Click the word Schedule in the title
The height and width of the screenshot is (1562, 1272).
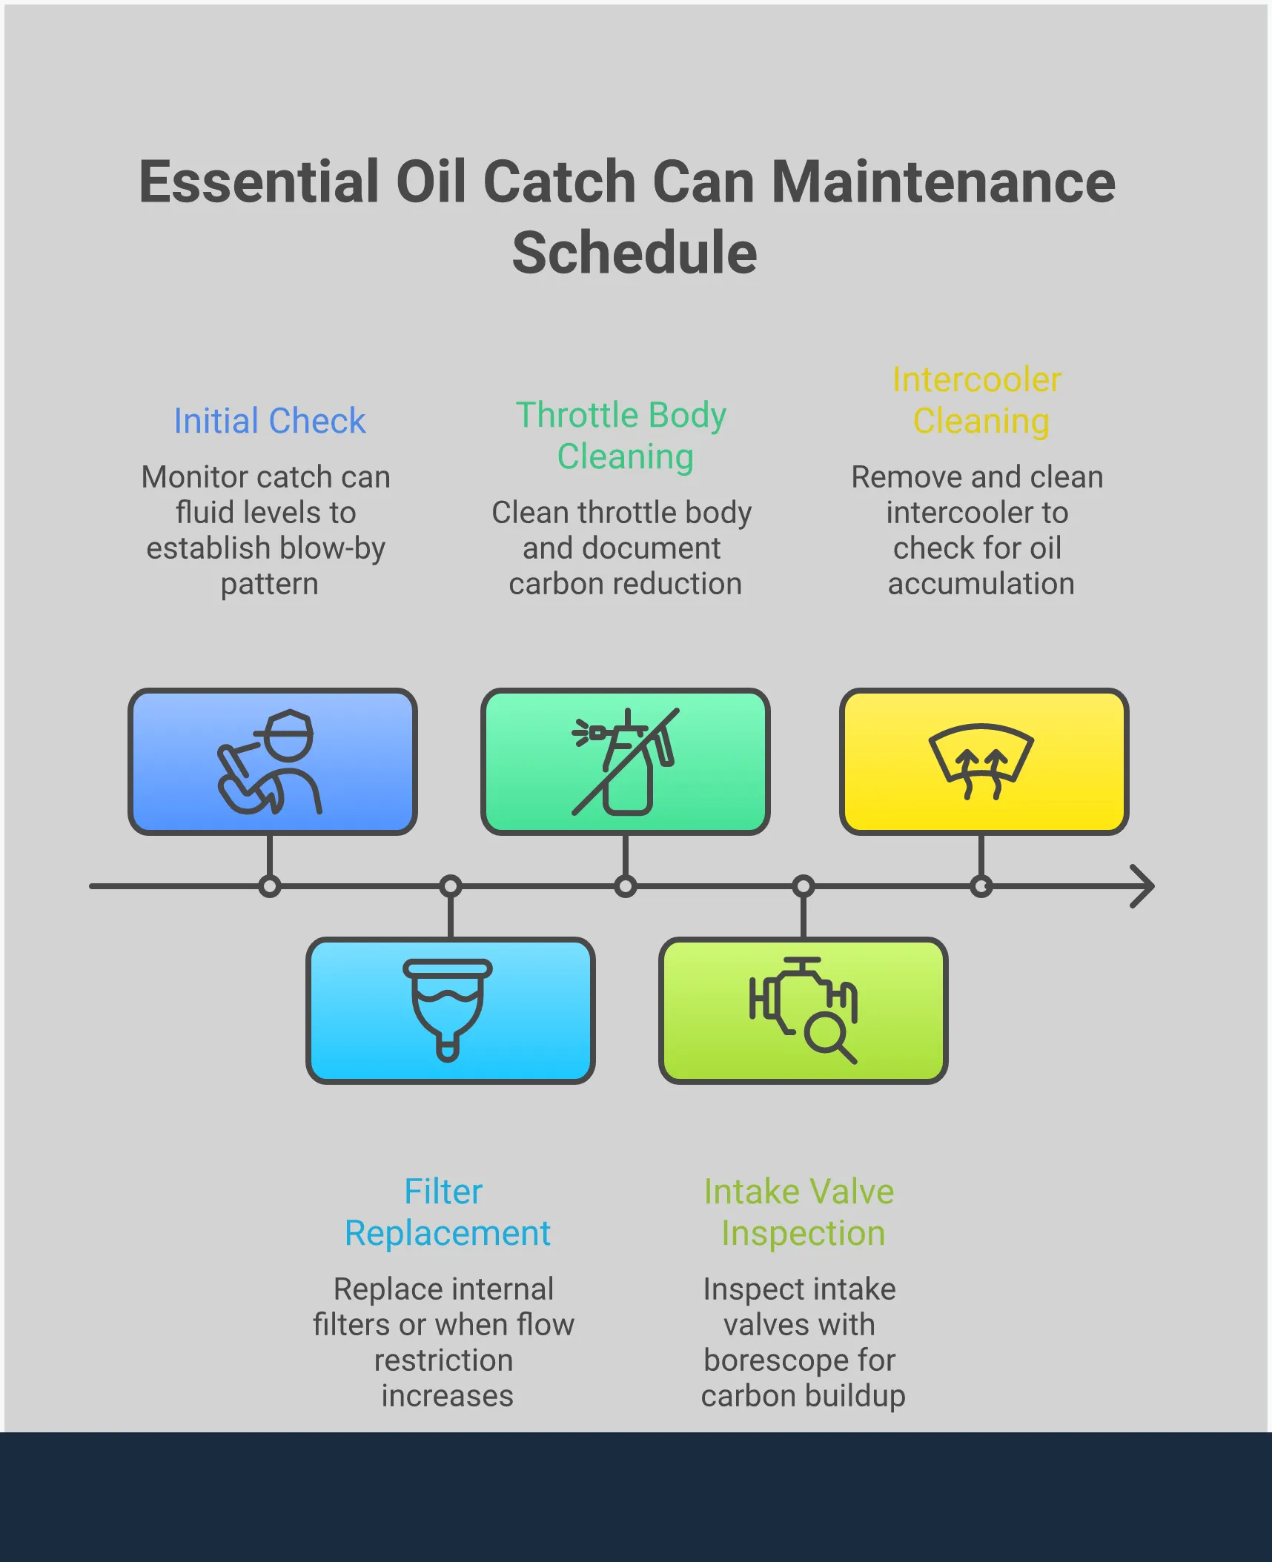(635, 253)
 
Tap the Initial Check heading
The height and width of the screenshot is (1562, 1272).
(269, 421)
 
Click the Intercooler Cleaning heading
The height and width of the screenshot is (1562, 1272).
(978, 401)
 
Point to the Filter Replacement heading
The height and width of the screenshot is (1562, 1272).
(447, 1212)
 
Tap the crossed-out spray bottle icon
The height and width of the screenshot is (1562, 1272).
(625, 762)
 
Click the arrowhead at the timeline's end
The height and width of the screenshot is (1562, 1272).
(1145, 886)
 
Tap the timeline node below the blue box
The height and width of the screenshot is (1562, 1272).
(270, 886)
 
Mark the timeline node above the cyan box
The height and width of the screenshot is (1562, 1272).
(451, 886)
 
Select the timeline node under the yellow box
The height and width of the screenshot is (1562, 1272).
(981, 886)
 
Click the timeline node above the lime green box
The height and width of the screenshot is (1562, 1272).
(804, 886)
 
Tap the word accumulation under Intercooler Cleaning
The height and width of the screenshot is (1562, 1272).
(981, 585)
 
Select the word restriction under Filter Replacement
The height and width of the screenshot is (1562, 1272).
(443, 1360)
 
